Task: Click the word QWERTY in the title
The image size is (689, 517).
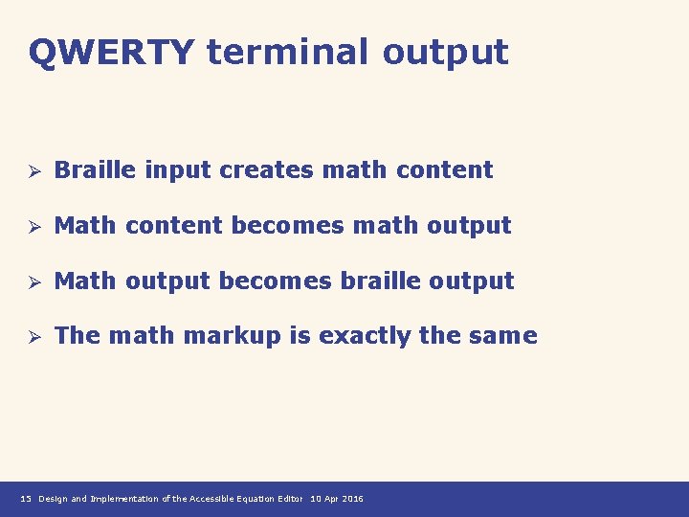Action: click(111, 52)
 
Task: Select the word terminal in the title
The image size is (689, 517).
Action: click(288, 52)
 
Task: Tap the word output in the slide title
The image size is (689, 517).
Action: click(445, 54)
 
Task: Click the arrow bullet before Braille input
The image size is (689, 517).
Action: click(32, 171)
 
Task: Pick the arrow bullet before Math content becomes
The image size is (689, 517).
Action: click(32, 227)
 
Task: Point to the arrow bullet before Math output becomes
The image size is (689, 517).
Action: click(32, 282)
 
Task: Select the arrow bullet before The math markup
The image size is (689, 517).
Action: click(32, 337)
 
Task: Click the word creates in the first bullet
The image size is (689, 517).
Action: click(266, 170)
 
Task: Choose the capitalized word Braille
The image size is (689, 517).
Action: click(96, 170)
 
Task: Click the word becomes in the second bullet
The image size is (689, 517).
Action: click(292, 226)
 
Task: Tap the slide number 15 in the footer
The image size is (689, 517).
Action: click(26, 499)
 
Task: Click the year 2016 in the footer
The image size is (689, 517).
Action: click(350, 499)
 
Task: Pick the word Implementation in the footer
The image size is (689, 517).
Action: click(124, 499)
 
